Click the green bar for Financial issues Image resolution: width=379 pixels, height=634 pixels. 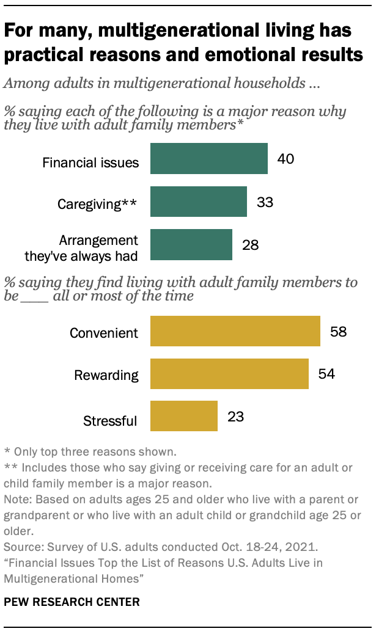coord(208,159)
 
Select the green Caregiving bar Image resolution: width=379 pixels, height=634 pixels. coord(198,202)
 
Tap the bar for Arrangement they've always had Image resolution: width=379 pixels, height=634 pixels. coord(191,245)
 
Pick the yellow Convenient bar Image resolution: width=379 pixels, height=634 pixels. coord(235,332)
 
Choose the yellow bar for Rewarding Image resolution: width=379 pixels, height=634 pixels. coord(229,374)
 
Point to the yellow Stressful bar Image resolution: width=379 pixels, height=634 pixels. coord(183,417)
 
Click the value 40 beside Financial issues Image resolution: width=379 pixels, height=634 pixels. coord(285,159)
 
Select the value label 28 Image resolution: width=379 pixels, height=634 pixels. coord(249,245)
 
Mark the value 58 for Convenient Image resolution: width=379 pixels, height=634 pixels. coord(337,332)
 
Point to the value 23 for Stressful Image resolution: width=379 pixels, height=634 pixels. coord(235,417)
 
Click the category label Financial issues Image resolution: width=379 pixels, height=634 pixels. coord(90,162)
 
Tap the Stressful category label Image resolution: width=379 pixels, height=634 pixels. coord(111,421)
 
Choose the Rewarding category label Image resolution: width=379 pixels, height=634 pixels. coord(106,375)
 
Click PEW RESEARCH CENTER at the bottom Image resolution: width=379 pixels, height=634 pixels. coord(72,602)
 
